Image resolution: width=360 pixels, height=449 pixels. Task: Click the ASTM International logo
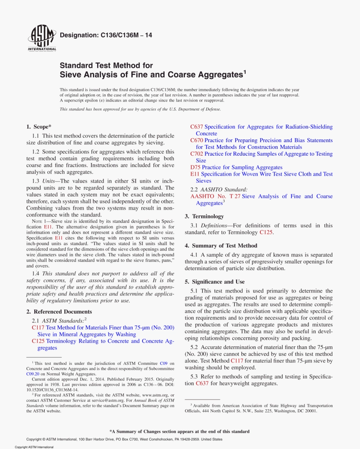pos(42,39)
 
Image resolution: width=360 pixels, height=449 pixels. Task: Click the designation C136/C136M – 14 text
pos(106,35)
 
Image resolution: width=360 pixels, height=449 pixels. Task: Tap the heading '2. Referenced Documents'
pos(59,312)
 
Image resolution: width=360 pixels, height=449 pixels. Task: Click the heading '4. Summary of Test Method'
pos(221,246)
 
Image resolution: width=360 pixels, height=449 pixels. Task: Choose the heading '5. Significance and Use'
pos(214,282)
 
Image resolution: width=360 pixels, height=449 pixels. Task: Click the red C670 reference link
pos(196,140)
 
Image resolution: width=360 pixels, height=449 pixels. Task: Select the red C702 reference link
pos(196,154)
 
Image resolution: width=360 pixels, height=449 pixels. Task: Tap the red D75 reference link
pos(195,167)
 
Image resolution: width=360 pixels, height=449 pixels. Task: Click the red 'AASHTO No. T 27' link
pos(215,196)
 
